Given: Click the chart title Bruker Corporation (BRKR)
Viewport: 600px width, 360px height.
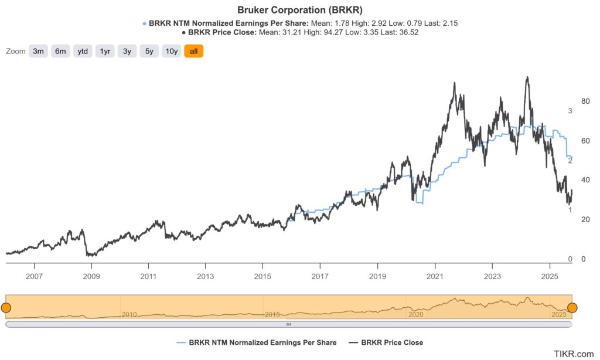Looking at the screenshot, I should click(299, 10).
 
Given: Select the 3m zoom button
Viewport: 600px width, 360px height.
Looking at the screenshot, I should click(38, 52).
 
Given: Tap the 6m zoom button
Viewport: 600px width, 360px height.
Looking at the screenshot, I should click(60, 52).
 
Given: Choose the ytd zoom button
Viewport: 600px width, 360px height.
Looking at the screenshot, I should click(83, 52).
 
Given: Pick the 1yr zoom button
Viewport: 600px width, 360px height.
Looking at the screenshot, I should click(105, 52).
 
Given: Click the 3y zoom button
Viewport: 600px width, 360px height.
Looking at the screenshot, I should click(127, 52).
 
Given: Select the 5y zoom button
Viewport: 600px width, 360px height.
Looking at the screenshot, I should click(149, 52).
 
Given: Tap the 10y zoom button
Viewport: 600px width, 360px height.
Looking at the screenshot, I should click(172, 52).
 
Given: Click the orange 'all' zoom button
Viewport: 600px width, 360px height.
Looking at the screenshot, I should click(193, 52).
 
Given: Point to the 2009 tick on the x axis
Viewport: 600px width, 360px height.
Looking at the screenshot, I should click(91, 276).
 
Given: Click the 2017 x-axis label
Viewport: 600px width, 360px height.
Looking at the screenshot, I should click(320, 276).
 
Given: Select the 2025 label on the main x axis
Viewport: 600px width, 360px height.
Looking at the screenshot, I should click(550, 276).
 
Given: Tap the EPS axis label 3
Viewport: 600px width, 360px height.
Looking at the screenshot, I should click(570, 111).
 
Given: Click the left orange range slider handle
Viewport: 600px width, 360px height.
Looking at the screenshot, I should click(6, 307).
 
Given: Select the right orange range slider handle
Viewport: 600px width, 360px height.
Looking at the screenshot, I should click(572, 307).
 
